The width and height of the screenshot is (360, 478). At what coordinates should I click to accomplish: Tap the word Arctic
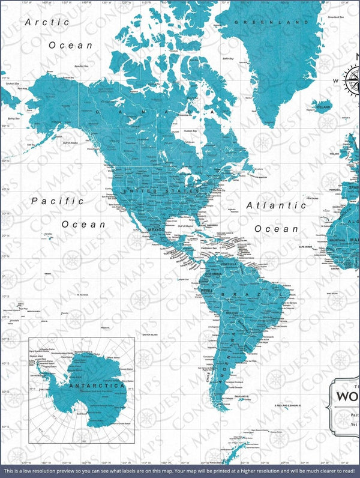click(47, 22)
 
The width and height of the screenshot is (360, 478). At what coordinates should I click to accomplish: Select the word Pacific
click(57, 201)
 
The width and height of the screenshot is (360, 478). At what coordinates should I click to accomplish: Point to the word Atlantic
click(277, 205)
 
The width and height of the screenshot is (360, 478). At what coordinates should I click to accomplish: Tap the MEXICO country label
click(155, 230)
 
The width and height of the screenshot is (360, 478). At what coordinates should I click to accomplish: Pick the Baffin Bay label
click(228, 59)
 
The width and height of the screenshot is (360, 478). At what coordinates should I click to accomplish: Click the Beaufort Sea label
click(78, 66)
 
